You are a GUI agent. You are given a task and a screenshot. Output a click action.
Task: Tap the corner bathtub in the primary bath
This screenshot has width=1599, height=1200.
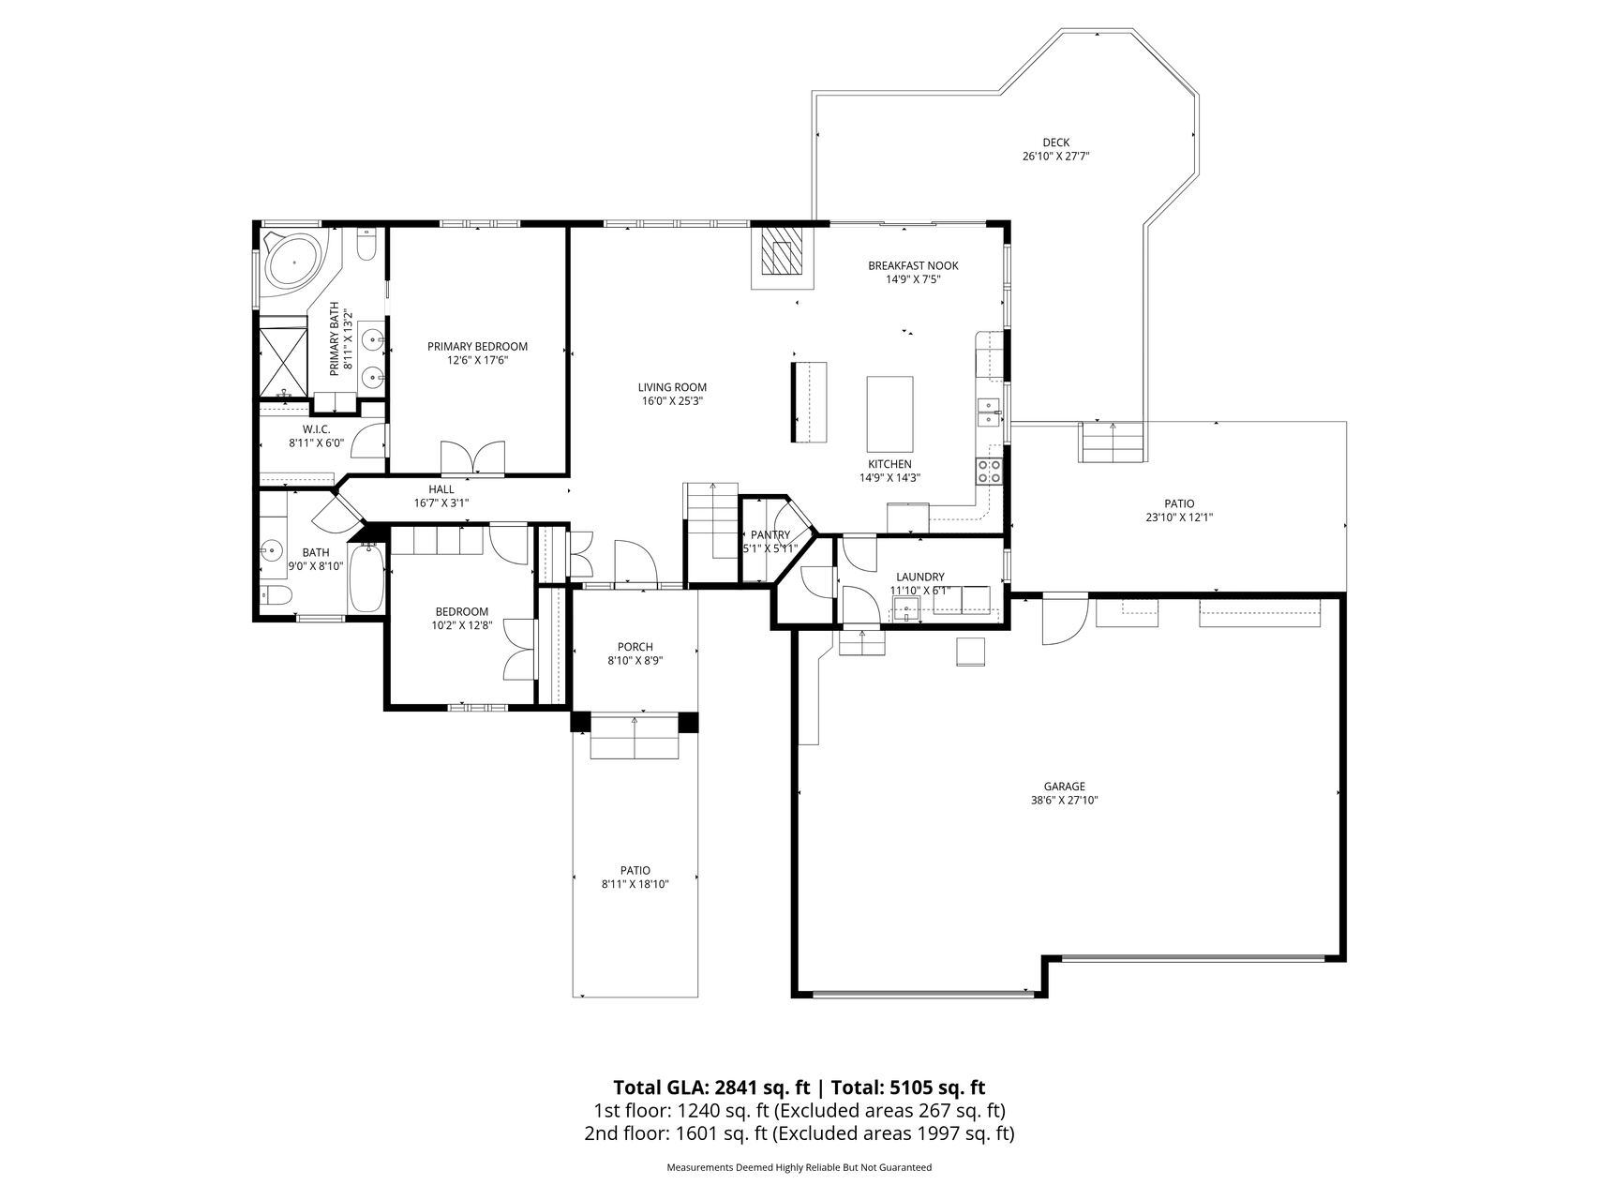tap(292, 261)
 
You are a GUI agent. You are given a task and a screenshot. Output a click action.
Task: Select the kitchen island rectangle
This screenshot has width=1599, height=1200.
tap(889, 414)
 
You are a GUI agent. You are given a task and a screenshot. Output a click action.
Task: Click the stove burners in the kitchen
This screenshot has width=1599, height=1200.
tap(989, 471)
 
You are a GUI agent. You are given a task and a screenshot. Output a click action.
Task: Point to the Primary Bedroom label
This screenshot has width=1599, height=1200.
tap(477, 347)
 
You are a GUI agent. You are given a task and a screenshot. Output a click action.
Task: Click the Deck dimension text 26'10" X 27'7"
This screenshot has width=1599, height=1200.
tap(1055, 157)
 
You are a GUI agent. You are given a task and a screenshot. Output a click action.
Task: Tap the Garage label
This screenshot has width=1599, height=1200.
tap(1065, 787)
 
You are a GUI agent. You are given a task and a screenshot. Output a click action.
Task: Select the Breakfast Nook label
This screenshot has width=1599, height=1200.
tap(913, 265)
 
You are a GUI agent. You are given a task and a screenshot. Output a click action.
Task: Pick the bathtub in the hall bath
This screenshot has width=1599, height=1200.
tap(366, 577)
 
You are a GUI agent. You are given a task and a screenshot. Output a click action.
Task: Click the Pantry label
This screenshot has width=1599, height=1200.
tap(770, 535)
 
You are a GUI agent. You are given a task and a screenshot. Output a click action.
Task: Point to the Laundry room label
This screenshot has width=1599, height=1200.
tap(920, 577)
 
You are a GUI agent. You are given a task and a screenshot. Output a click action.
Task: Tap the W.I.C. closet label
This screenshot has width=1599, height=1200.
tap(316, 429)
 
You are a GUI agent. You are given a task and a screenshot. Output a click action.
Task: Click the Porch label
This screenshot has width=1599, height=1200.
tap(635, 647)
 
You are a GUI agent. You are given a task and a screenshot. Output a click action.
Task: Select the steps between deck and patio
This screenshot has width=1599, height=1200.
tap(1113, 442)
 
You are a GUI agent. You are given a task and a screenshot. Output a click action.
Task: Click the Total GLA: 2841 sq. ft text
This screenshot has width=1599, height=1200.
tap(711, 1087)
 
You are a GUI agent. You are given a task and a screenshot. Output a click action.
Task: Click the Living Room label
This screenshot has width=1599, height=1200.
tap(672, 387)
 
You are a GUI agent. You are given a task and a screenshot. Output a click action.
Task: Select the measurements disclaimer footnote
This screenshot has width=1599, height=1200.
tap(799, 1168)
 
